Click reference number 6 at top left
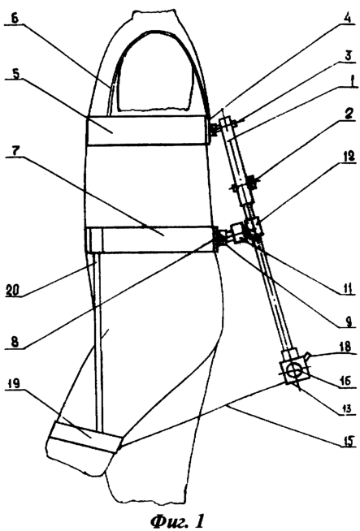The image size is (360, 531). [x=15, y=18]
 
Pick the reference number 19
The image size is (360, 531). [x=14, y=384]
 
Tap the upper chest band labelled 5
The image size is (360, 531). [x=147, y=131]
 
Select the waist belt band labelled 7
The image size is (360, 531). [x=150, y=240]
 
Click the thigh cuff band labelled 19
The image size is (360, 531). [x=85, y=436]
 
